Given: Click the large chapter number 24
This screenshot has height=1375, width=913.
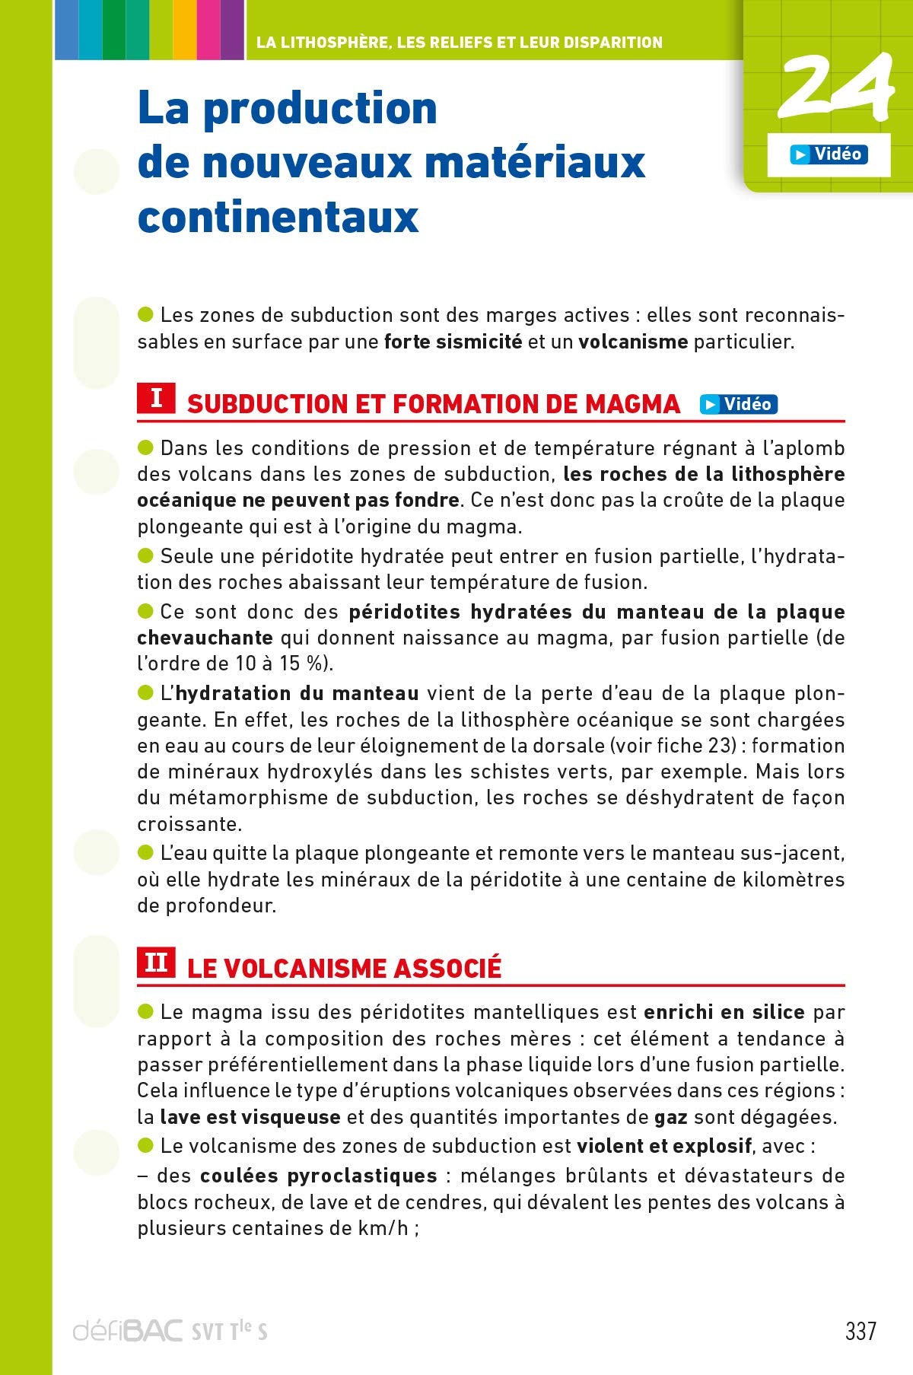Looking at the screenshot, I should click(x=835, y=88).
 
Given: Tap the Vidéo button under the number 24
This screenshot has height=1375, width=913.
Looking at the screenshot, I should click(x=829, y=154).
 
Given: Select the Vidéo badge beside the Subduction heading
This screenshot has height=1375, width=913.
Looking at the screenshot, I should click(x=739, y=404).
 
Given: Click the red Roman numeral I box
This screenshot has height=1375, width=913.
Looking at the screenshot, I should click(x=156, y=398).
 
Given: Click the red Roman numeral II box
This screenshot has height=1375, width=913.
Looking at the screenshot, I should click(x=156, y=963).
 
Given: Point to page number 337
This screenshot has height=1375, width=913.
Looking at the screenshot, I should click(x=861, y=1331).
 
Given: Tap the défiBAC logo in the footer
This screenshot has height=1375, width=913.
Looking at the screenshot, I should click(x=128, y=1331).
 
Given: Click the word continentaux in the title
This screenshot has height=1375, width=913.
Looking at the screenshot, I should click(x=278, y=217).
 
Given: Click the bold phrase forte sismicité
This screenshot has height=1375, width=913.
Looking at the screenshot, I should click(x=453, y=342).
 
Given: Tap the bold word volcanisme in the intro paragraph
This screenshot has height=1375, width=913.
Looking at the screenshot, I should click(x=633, y=342).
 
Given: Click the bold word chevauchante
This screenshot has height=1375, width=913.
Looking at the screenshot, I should click(x=205, y=638).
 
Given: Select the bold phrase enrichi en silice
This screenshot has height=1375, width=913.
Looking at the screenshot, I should click(x=724, y=1012).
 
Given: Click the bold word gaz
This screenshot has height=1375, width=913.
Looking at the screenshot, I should click(x=671, y=1117).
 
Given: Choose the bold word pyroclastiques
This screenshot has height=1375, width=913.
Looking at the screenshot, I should click(x=361, y=1176).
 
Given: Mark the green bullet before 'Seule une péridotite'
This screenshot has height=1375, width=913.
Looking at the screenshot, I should click(x=145, y=555).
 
